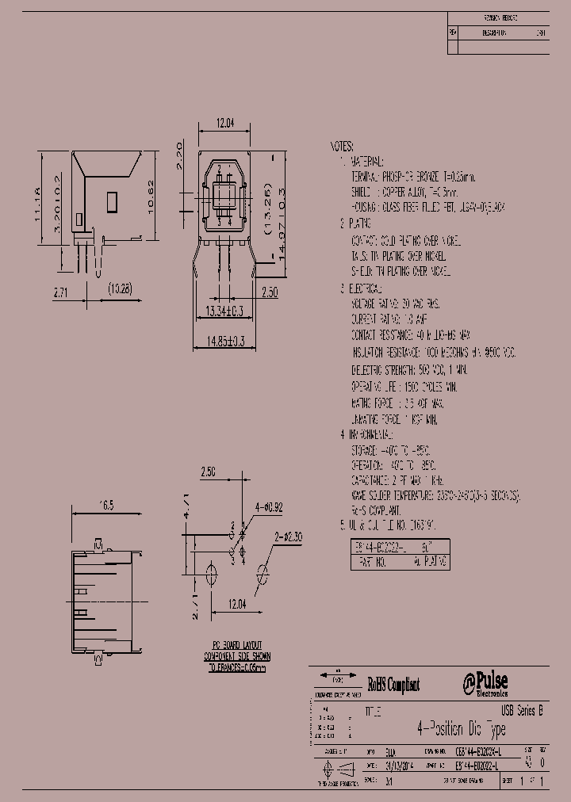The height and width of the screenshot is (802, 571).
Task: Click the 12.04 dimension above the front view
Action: [x=224, y=123]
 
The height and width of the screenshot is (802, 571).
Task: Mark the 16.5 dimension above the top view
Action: [x=105, y=504]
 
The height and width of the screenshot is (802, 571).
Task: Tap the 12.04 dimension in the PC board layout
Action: [x=236, y=604]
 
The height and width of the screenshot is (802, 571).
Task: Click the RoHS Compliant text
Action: [x=393, y=685]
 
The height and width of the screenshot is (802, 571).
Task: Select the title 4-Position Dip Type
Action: [x=460, y=728]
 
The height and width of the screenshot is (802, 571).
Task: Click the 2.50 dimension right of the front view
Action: [x=268, y=292]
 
